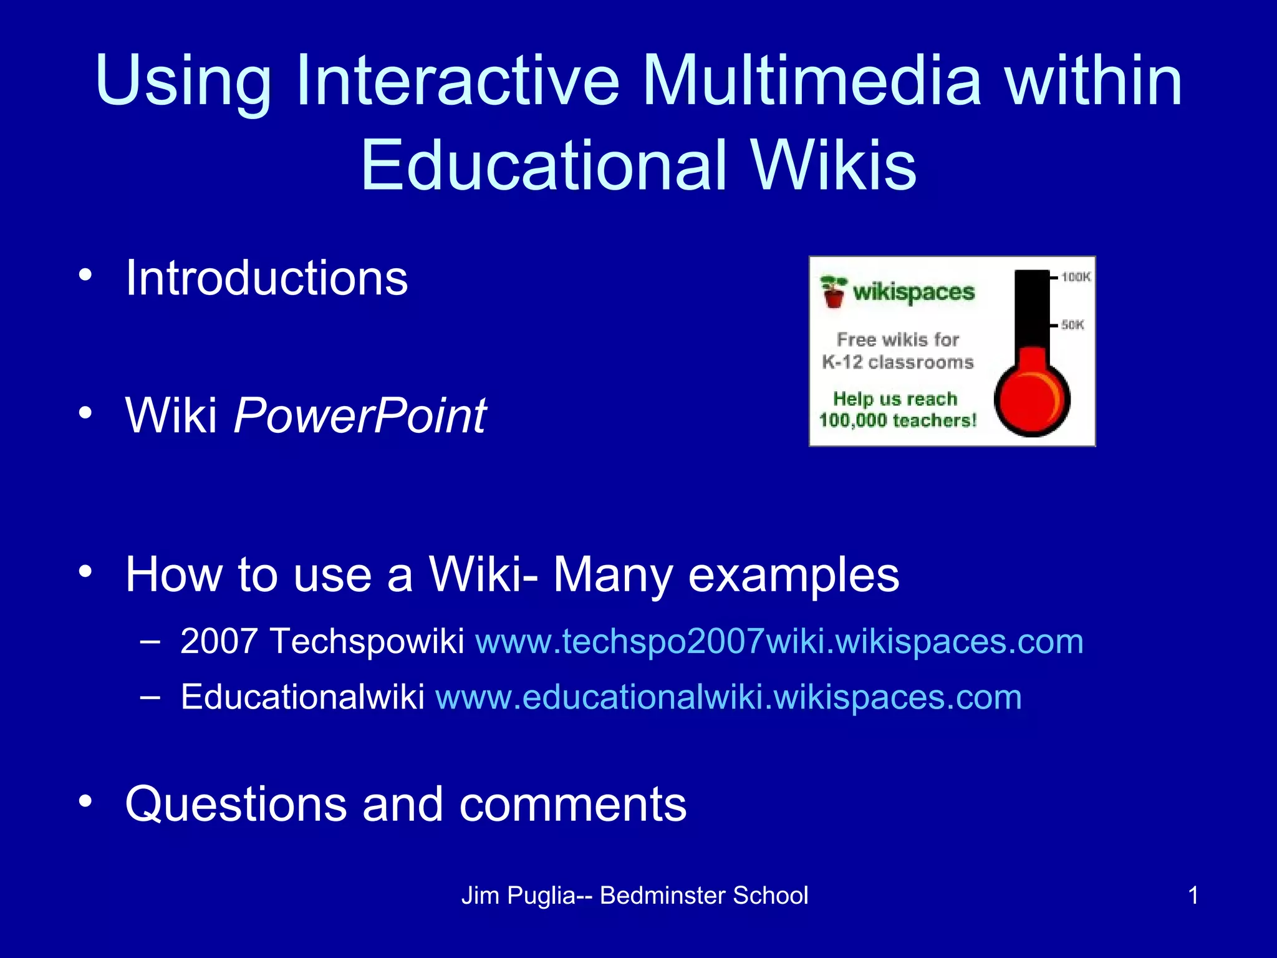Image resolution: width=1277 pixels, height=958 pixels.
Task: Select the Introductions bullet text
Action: click(x=266, y=278)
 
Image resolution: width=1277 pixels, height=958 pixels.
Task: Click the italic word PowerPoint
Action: click(x=360, y=415)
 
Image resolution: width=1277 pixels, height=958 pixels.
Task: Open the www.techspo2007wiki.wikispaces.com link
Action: click(x=779, y=642)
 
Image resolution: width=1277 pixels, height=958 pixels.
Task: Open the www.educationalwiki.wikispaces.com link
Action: click(x=728, y=697)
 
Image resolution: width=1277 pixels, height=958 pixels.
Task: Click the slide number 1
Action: click(x=1193, y=896)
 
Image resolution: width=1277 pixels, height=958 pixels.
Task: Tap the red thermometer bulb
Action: click(x=1031, y=399)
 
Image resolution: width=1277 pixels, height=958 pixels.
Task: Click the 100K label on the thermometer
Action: click(x=1076, y=277)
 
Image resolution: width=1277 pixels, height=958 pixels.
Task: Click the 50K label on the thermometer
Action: click(x=1072, y=325)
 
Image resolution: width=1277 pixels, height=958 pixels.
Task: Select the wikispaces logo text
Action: click(x=913, y=292)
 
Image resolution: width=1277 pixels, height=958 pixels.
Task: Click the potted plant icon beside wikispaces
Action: click(x=834, y=291)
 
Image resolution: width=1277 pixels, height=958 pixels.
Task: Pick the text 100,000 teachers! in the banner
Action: click(x=897, y=421)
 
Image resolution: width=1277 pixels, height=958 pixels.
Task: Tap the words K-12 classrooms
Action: click(x=897, y=362)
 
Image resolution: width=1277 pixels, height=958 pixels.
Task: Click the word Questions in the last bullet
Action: click(x=236, y=805)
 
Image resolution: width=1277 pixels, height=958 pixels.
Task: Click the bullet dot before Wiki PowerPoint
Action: click(x=85, y=412)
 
